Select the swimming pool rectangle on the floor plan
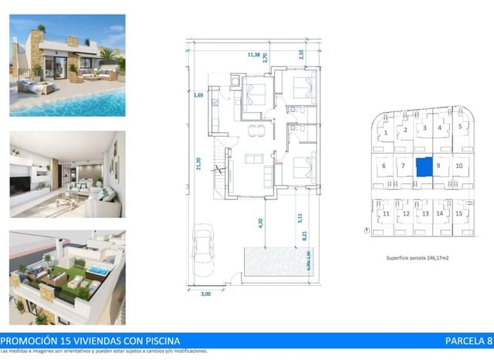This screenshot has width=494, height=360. (x=276, y=263)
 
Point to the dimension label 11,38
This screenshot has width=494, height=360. (x=253, y=55)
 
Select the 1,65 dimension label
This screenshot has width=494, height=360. (x=198, y=95)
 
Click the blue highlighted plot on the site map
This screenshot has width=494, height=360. (x=422, y=166)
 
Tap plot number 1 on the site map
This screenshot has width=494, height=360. (x=384, y=133)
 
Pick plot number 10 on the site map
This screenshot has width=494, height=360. (x=459, y=165)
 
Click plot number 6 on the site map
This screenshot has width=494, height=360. (x=384, y=165)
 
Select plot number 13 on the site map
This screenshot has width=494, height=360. (x=423, y=213)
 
